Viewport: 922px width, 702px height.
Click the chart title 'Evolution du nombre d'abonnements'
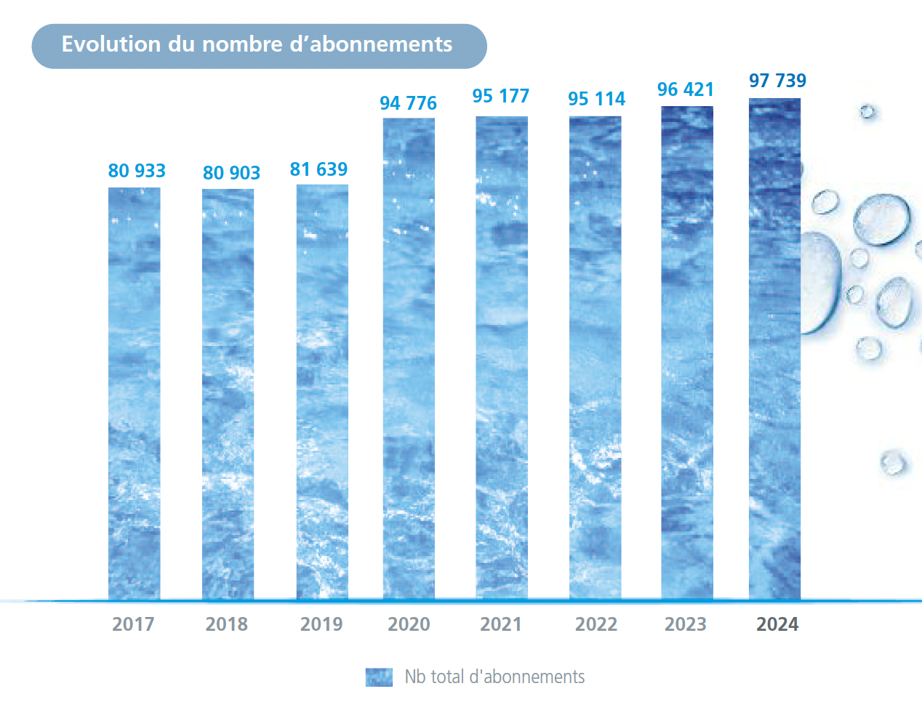pos(257,44)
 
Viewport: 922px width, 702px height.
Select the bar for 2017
pos(135,392)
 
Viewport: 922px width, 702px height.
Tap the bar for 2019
pos(322,392)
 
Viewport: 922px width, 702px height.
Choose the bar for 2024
pos(775,349)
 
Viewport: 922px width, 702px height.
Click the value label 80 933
pos(137,171)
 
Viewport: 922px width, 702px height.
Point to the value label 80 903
pos(231,173)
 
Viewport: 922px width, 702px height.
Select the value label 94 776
pos(408,103)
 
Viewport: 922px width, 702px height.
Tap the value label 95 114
pos(596,99)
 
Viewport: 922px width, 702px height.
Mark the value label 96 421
pos(686,89)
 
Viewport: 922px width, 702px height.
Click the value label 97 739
pos(777,81)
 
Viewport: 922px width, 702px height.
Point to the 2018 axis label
pos(227,624)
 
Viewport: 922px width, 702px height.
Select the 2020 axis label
pos(409,624)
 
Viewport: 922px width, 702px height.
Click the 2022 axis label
pos(596,624)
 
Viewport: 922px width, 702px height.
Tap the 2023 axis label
pos(686,624)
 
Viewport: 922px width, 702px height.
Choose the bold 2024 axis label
pos(777,624)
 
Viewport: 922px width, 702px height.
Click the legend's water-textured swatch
pos(379,677)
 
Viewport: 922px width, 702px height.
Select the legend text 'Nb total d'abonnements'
pos(494,677)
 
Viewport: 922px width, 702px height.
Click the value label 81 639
pos(318,169)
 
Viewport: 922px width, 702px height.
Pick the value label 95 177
pos(500,96)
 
